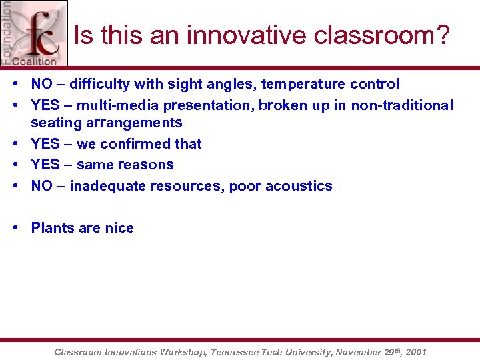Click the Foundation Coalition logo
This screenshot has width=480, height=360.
[34, 33]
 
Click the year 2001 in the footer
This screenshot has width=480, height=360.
[415, 352]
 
